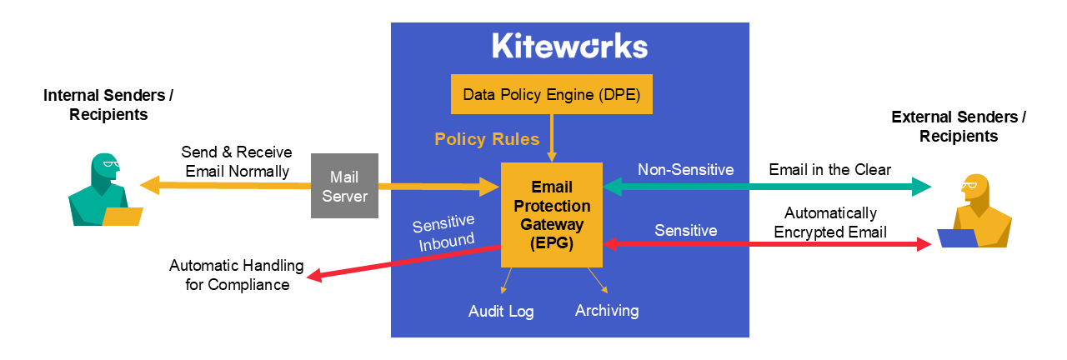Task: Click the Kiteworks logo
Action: coord(569,46)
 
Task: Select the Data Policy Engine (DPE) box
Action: coord(551,94)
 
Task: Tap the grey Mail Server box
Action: coord(344,186)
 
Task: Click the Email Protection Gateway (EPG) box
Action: coord(551,214)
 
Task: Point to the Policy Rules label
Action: coord(487,139)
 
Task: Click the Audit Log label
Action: coord(500,312)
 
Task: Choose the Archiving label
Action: coord(607,311)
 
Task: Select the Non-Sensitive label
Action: coord(685,170)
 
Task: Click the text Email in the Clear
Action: coord(829,170)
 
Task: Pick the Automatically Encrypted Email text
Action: coord(829,222)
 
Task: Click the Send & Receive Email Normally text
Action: coord(236,162)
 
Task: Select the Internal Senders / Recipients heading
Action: coord(108,105)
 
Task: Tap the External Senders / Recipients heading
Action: coord(959,126)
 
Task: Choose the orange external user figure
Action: coord(979,208)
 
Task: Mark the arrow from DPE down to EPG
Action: coord(551,137)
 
